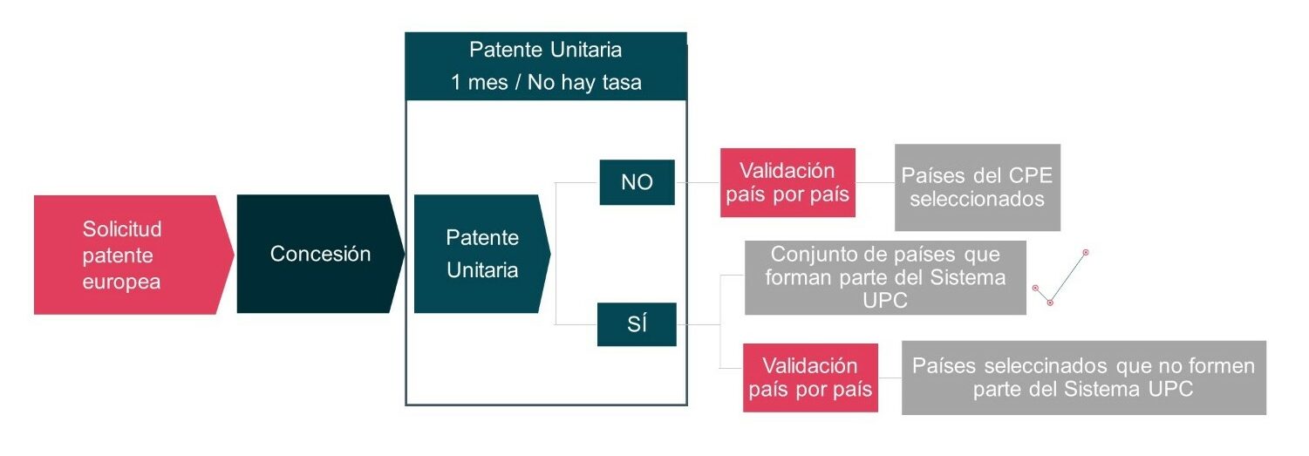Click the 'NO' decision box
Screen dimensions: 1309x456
click(x=637, y=182)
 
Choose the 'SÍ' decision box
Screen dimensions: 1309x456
click(x=637, y=324)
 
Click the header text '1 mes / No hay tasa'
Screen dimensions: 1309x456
click(x=546, y=83)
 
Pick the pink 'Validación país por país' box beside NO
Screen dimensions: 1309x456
click(x=787, y=182)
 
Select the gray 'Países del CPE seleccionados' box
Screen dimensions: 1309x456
click(x=978, y=187)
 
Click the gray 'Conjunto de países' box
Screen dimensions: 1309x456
click(x=885, y=277)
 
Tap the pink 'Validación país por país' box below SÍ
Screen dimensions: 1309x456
click(x=810, y=378)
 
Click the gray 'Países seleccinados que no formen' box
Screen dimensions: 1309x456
click(x=1084, y=378)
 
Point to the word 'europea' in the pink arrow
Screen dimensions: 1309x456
click(x=121, y=282)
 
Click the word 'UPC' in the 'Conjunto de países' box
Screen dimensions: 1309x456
click(x=885, y=301)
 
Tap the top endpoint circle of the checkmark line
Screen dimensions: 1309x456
click(x=1086, y=253)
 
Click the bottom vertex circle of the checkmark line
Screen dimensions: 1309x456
click(x=1050, y=303)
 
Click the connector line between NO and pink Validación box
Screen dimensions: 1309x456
click(x=698, y=182)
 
